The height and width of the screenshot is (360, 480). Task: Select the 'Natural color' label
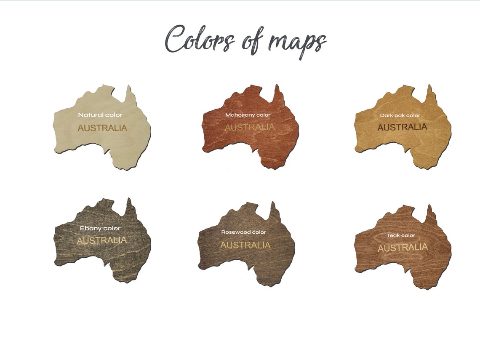tap(100, 115)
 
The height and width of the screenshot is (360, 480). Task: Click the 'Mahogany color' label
tap(248, 115)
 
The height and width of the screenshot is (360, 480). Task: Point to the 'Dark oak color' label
tap(400, 115)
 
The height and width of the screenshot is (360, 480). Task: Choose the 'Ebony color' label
tap(100, 228)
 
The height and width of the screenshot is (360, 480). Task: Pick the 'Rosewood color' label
tap(244, 232)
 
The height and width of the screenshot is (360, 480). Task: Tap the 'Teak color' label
tap(401, 235)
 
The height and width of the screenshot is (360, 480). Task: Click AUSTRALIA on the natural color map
tap(102, 128)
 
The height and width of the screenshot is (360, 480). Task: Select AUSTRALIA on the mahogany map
tap(249, 127)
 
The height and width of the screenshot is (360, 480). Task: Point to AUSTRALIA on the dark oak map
tap(402, 127)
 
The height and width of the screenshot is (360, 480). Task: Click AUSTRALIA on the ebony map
tap(102, 240)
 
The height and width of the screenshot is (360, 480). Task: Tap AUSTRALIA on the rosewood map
tap(245, 245)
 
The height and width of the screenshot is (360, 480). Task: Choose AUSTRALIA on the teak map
tap(403, 248)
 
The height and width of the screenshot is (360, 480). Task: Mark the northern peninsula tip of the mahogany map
tap(277, 86)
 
